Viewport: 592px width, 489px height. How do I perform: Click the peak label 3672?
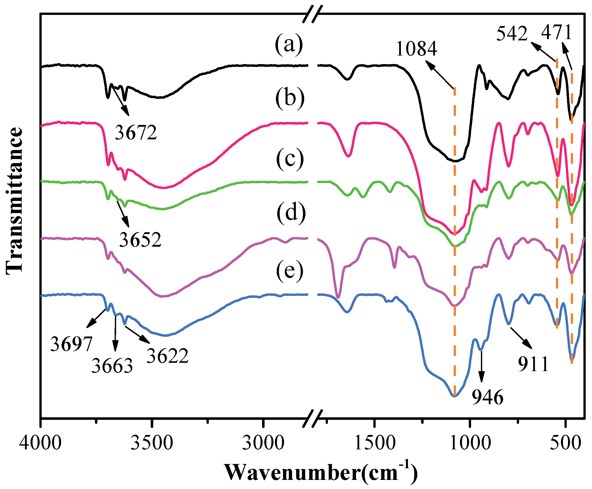136,133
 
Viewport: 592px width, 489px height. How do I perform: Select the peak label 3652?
140,240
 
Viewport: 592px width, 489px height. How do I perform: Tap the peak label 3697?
71,344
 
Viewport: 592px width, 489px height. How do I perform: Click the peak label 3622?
167,356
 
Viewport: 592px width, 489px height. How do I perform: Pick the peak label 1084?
416,49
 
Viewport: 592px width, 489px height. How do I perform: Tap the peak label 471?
556,33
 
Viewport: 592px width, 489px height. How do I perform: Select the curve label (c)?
290,159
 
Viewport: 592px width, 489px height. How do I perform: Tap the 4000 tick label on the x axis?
41,443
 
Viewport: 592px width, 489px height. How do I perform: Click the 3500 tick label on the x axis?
152,443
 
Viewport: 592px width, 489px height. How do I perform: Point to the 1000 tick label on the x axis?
470,443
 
